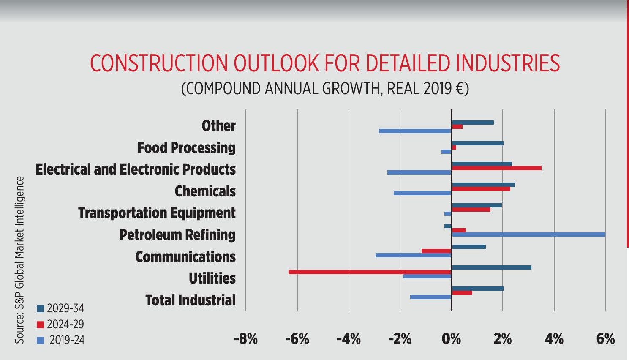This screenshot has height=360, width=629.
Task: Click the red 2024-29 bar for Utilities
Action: pos(370,272)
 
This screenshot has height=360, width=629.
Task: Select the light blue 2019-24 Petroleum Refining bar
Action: pos(528,235)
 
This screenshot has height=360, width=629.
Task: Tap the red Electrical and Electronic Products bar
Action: pos(496,168)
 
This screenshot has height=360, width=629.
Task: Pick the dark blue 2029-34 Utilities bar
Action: pos(491,267)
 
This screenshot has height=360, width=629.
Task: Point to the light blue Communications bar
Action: pos(413,255)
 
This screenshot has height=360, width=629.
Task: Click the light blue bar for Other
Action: pos(415,131)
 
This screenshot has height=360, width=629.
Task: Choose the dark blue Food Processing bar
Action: pos(477,143)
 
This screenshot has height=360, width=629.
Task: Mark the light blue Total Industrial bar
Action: pos(430,297)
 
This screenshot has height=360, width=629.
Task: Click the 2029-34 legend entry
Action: pos(61,308)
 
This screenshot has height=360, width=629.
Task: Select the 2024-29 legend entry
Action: pos(61,325)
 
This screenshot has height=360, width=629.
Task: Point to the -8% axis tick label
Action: pos(245,338)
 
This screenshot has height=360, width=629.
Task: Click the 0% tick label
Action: pos(451,338)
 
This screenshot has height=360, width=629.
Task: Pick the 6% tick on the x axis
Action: pos(605,338)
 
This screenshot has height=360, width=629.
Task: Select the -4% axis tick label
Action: pos(349,338)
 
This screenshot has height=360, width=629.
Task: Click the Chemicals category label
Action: pos(205,191)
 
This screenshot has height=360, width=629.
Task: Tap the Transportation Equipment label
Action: pos(157,213)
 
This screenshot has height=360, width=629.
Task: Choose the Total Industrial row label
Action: pos(191,300)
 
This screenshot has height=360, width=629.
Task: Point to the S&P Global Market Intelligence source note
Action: pos(19,259)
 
